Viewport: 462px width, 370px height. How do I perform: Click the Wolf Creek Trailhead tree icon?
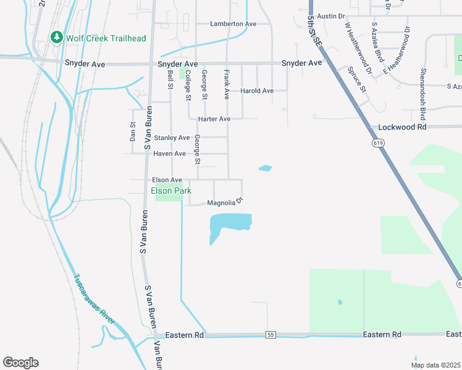(57, 38)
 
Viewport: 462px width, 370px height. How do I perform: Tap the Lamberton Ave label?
(233, 23)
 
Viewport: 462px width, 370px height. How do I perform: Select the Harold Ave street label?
(257, 91)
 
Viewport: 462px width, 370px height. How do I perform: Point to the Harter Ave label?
(214, 118)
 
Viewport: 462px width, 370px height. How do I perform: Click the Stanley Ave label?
(172, 138)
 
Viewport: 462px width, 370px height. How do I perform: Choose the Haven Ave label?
(169, 154)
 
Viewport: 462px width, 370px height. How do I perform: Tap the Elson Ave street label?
(167, 180)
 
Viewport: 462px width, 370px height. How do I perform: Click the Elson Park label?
(171, 191)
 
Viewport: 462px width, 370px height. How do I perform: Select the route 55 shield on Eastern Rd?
(271, 334)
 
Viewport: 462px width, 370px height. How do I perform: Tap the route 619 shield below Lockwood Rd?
(376, 142)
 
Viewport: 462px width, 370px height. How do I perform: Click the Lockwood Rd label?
(403, 126)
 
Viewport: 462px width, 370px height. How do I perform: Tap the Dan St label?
(133, 131)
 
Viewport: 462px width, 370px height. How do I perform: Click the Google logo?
(20, 363)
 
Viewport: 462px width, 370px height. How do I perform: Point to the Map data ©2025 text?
(435, 365)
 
